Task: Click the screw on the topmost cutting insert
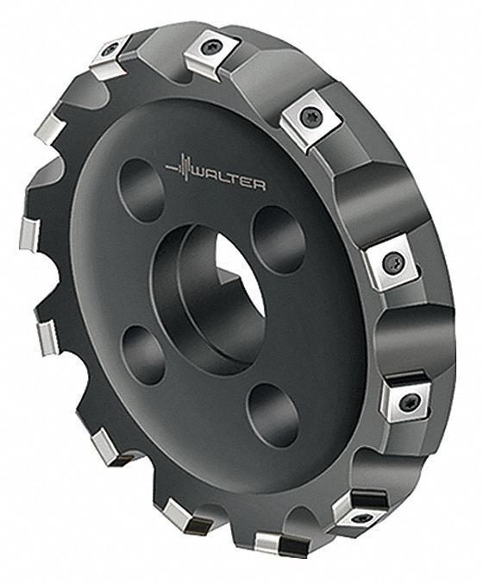point(212,48)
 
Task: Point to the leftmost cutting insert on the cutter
point(27,231)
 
